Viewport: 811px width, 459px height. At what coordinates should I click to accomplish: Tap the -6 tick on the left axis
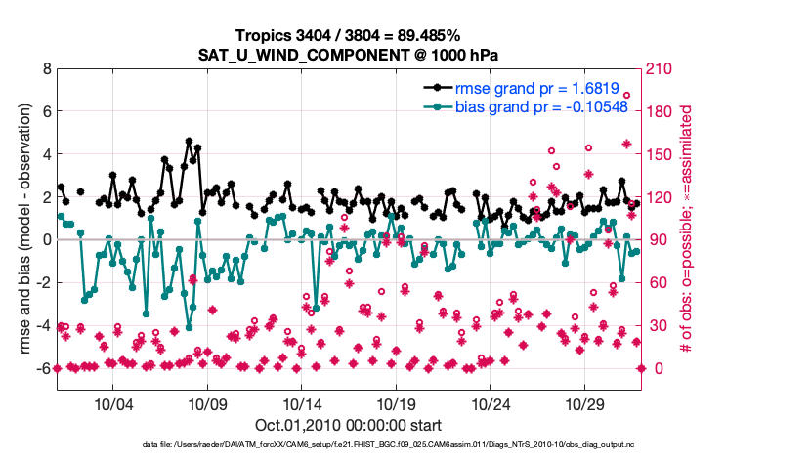(x=43, y=368)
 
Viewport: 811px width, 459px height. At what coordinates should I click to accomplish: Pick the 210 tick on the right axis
(x=658, y=70)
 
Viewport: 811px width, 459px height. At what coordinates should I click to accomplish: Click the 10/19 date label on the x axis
(x=396, y=404)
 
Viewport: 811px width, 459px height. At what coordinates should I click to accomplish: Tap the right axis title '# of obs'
(x=688, y=230)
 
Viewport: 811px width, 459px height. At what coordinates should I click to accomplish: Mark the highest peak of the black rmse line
(x=189, y=141)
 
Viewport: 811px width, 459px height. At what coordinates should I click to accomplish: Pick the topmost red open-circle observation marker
(x=626, y=96)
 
